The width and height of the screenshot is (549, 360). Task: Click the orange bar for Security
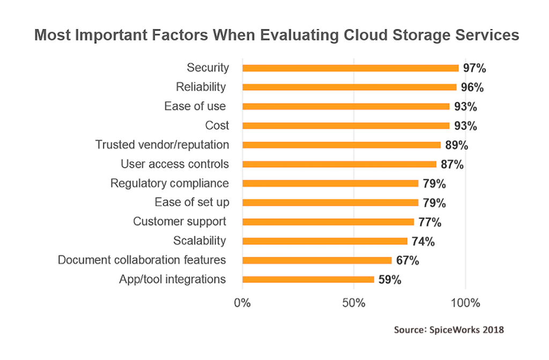coord(351,68)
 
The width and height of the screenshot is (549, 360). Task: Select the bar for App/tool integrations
coord(308,280)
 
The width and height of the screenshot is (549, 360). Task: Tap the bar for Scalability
coord(325,241)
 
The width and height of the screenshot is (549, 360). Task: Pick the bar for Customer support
coord(328,222)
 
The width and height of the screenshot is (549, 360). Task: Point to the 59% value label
coord(389,280)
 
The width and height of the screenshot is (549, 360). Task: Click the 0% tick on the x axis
coord(243,303)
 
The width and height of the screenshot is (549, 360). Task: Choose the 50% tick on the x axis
coord(354,303)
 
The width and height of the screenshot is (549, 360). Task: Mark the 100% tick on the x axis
coord(465,303)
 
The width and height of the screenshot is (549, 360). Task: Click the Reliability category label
coord(201,87)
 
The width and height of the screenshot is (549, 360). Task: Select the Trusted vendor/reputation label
coord(162,145)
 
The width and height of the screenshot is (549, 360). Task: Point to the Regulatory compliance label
coord(169,183)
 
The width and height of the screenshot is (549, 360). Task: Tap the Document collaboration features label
coord(142,260)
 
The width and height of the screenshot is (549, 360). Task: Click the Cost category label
coord(217,125)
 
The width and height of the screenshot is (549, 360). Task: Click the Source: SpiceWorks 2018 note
coord(449,330)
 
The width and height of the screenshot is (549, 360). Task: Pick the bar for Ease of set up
coord(330,202)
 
